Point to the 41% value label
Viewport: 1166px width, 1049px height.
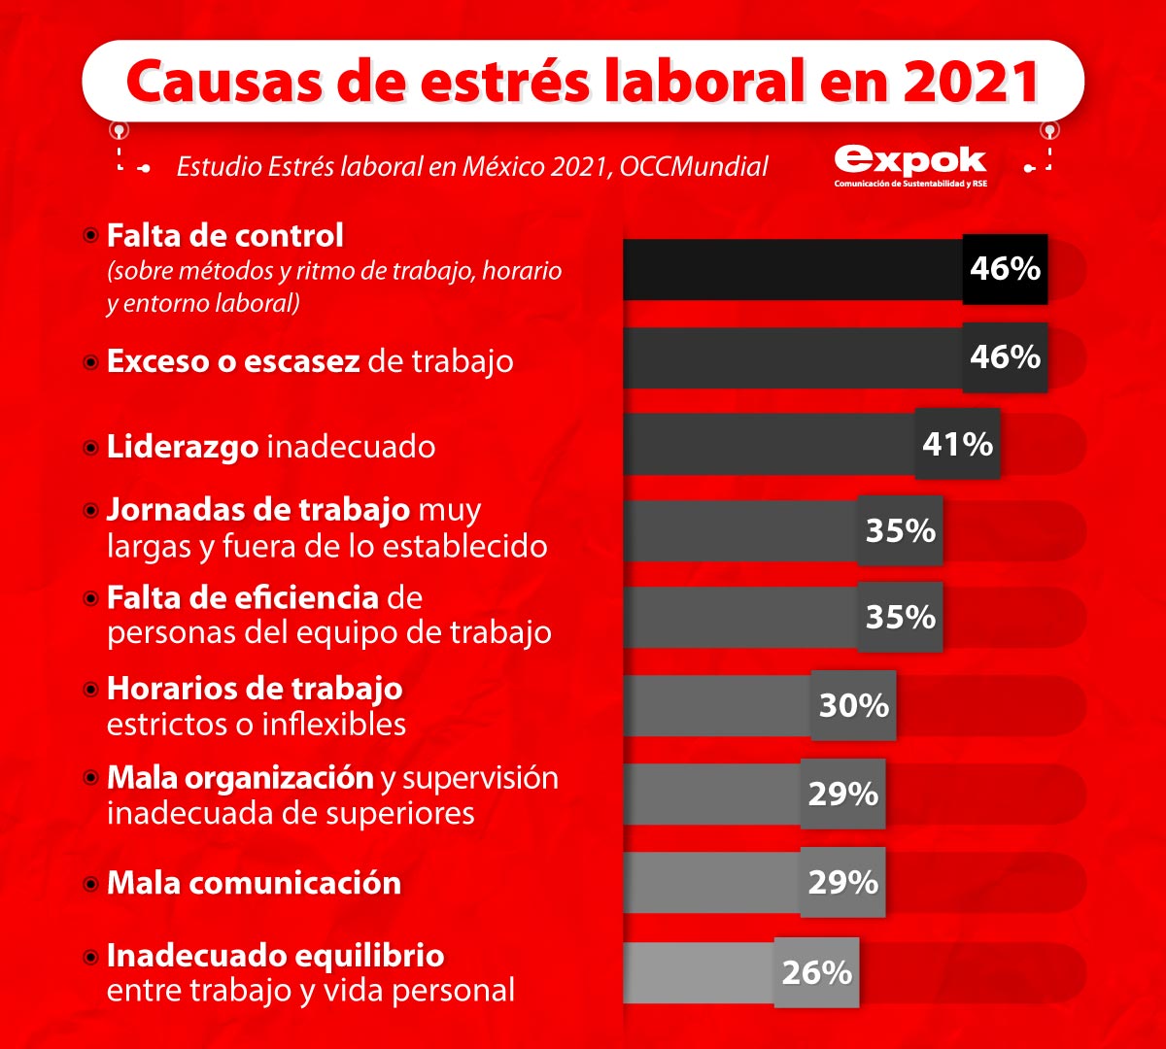pos(957,445)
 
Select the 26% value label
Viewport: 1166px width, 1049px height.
pos(816,972)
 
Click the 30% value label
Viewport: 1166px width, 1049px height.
pos(853,705)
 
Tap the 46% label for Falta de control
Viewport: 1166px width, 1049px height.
pos(1005,269)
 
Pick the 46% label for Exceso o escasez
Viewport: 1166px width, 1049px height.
pos(1005,357)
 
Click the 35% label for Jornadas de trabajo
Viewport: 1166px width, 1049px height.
pos(900,530)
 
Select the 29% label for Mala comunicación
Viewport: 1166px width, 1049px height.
pos(842,883)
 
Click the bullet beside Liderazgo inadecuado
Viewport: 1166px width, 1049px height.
pos(90,448)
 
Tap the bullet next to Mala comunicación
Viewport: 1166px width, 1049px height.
pos(90,884)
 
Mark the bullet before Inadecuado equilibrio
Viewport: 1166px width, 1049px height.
pos(90,957)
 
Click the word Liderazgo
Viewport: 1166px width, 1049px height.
pos(183,447)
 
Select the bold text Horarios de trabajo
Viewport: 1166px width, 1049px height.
pos(255,689)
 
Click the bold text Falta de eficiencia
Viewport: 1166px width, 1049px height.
pos(242,596)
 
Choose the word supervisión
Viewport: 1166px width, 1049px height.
pos(480,777)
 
